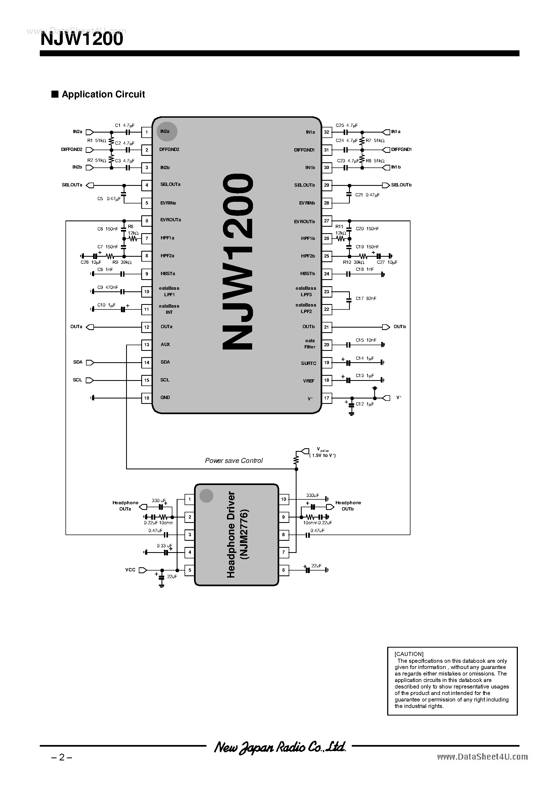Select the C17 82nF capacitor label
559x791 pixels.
366,298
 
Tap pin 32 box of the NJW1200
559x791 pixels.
326,132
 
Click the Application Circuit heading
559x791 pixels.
103,94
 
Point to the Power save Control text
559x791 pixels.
234,461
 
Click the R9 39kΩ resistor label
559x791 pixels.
122,262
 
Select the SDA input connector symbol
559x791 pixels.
90,362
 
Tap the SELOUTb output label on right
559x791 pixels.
401,185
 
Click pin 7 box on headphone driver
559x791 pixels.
283,552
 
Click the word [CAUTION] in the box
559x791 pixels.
409,654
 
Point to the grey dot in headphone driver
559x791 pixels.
206,495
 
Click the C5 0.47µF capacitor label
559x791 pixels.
108,199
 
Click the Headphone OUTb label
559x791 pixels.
348,506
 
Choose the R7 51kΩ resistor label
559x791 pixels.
375,141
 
